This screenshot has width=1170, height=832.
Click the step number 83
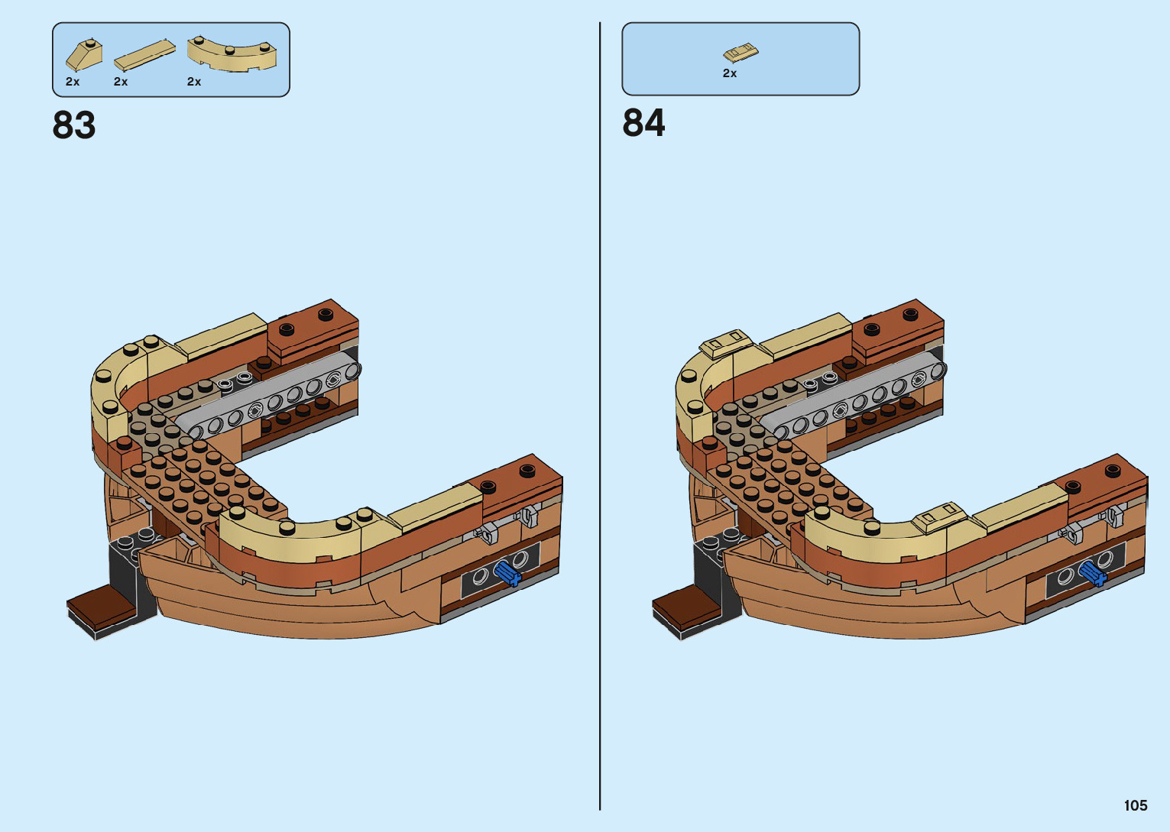point(74,125)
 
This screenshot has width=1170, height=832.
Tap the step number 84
point(643,123)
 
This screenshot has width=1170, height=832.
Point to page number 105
point(1135,805)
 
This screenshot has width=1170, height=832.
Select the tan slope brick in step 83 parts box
point(83,56)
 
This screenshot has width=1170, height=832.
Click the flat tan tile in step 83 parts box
point(144,55)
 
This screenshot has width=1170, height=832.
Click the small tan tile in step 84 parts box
point(740,53)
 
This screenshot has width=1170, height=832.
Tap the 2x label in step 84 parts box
point(729,73)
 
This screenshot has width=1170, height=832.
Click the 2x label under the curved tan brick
point(194,82)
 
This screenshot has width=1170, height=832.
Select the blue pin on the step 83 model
point(507,572)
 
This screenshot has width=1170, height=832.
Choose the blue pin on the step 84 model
point(1092,572)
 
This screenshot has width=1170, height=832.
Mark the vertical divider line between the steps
point(600,416)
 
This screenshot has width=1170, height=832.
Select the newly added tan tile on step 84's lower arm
point(939,516)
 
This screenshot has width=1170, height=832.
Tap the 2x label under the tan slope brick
point(73,82)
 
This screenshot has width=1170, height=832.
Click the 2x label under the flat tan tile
point(121,82)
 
